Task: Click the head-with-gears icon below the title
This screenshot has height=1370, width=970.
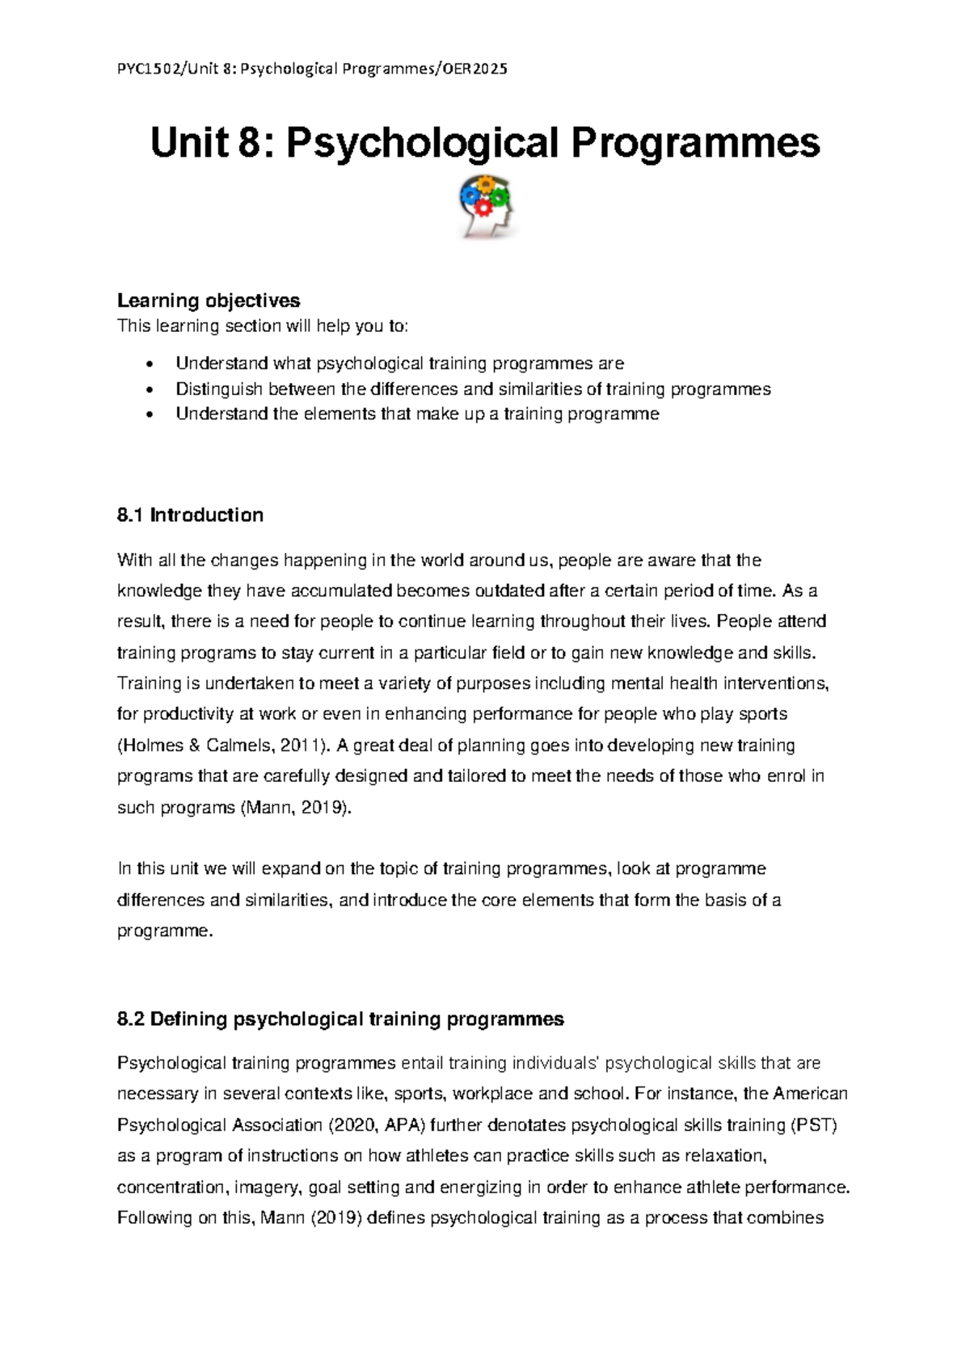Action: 485,207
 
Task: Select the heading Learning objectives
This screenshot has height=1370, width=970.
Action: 209,300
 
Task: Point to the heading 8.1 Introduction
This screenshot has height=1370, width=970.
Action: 190,515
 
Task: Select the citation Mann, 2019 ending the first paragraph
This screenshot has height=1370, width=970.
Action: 297,807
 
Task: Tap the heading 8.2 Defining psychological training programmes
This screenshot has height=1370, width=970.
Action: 340,1019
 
